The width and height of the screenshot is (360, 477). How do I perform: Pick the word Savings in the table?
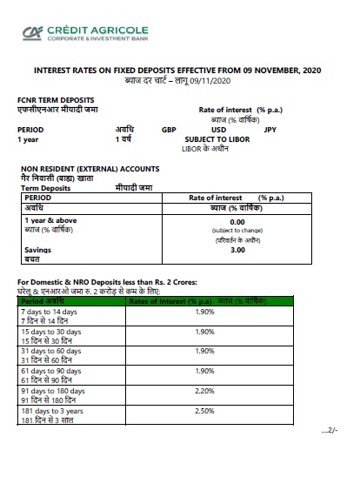click(x=38, y=250)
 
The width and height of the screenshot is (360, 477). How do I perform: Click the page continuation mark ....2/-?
click(x=331, y=431)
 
